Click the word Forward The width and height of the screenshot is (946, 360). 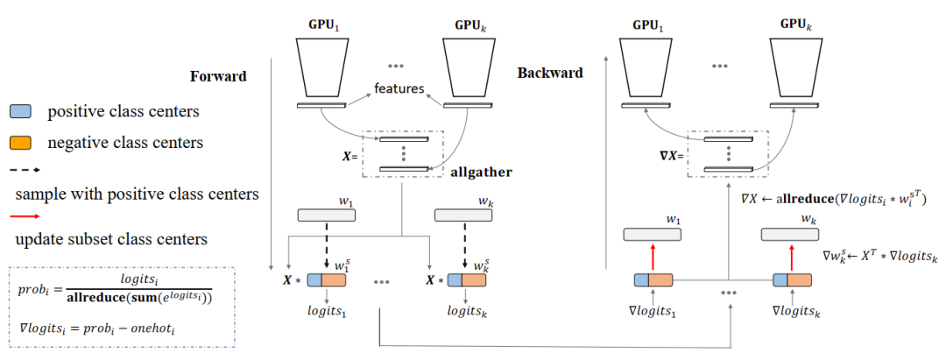[x=218, y=76]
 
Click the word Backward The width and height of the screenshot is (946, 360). [x=550, y=74]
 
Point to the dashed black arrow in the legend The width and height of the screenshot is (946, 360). [x=24, y=170]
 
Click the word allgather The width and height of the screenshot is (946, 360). [x=482, y=173]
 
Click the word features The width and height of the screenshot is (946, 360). [x=400, y=88]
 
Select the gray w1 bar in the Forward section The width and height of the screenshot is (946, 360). [x=324, y=215]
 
